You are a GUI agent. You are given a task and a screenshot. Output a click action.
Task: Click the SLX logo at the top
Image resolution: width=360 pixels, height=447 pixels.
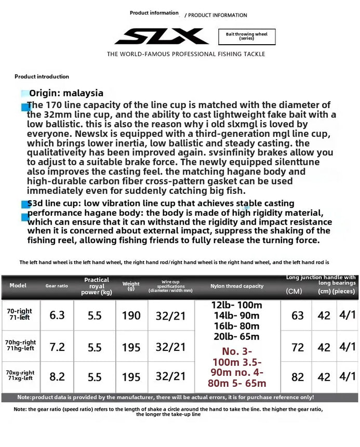pos(162,36)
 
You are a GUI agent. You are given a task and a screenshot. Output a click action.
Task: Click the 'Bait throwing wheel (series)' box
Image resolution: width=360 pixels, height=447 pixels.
pos(246,36)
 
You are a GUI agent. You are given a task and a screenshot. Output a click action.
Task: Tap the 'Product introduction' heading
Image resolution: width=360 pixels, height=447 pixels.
pos(42,76)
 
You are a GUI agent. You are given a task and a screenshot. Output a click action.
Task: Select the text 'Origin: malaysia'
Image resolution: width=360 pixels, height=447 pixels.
pos(66,93)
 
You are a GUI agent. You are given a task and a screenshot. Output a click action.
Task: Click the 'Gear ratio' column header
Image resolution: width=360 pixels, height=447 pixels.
pos(57,286)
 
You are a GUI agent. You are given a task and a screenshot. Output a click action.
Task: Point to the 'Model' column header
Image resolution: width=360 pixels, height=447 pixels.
pos(18,285)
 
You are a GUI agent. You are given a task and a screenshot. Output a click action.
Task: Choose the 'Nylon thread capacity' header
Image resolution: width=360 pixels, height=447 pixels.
pos(237,286)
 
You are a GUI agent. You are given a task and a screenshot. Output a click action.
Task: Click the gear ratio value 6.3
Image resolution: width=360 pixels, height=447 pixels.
pos(57,315)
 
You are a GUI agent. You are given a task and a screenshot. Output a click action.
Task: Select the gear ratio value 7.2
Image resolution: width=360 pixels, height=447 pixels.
pos(57,347)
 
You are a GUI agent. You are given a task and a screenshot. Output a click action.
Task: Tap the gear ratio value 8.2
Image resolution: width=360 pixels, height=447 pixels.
pos(57,376)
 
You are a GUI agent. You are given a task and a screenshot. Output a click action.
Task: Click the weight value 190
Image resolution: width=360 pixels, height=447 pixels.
pos(131,315)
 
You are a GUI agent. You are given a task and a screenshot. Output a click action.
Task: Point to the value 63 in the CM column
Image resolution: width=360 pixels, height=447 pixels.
pos(298,315)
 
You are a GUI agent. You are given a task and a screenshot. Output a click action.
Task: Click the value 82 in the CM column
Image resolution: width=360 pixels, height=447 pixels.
pos(298,376)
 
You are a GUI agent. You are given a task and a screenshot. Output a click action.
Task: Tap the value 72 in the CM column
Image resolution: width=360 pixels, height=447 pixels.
pos(298,346)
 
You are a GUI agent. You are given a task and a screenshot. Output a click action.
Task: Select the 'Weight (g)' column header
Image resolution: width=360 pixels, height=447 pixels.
pos(131,286)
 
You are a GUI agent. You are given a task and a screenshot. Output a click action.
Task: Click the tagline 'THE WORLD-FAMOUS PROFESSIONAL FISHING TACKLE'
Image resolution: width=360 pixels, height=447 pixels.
pos(186,54)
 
